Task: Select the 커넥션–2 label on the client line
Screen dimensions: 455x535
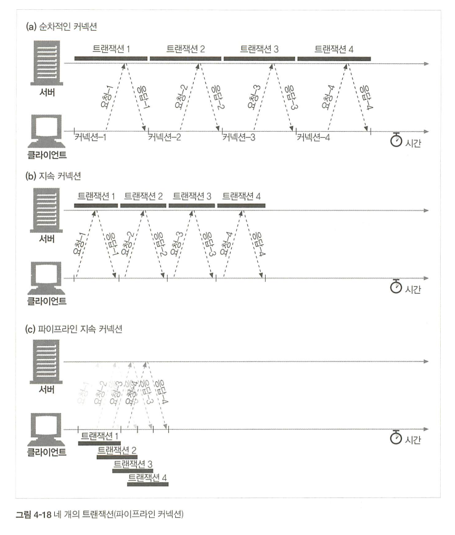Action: [165, 137]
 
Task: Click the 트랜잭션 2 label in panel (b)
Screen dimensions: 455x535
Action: [144, 196]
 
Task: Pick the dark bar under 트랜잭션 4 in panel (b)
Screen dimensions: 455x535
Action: [242, 206]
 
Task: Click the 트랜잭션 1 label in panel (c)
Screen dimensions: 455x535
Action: [100, 435]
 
